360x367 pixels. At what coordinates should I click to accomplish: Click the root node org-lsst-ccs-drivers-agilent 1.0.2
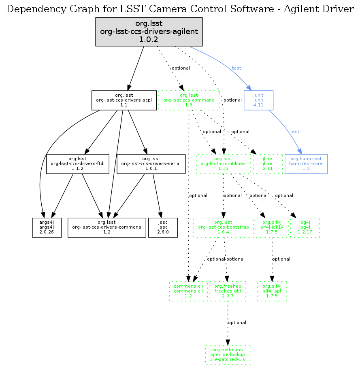point(149,32)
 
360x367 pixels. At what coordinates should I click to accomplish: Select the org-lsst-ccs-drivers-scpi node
point(124,100)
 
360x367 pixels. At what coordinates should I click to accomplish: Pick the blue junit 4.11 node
point(258,100)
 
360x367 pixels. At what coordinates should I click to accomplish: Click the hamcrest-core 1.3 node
point(306,164)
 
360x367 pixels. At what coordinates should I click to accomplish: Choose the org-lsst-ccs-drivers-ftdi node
point(78,164)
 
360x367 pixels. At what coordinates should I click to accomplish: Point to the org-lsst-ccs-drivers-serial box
point(148,164)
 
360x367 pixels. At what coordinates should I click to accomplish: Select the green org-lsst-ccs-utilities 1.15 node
point(224,164)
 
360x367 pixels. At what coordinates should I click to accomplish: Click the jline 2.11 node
point(267,164)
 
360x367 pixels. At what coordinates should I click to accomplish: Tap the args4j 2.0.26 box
point(47,228)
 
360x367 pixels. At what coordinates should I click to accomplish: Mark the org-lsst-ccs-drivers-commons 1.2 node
point(107,228)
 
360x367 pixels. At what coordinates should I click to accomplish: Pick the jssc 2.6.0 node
point(163,228)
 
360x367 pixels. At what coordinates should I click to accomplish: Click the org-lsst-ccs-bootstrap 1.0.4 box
point(224,228)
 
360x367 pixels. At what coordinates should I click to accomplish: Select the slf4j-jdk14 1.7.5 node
point(272,228)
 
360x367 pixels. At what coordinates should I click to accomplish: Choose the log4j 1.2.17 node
point(305,228)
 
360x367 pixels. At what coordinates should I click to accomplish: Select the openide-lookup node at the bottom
point(228,355)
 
